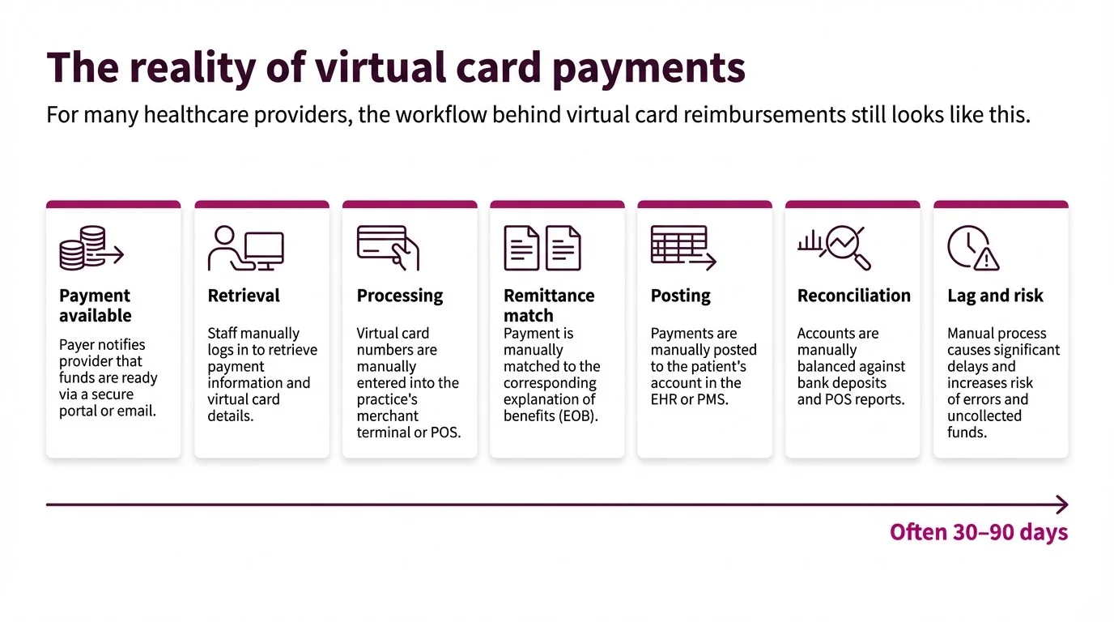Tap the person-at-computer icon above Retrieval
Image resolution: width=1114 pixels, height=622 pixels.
245,248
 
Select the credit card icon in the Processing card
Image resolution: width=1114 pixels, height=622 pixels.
387,247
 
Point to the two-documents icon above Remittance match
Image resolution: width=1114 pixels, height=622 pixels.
542,248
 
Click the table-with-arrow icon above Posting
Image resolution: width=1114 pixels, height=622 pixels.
683,248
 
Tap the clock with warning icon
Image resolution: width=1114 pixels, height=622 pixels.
972,248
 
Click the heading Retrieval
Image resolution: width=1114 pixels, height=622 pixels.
244,296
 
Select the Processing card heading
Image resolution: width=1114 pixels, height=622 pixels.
400,296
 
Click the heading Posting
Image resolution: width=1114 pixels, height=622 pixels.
680,296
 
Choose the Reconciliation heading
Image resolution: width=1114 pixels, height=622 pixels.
853,296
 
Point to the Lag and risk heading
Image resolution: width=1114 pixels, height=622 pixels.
995,296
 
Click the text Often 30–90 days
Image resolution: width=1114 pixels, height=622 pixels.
978,532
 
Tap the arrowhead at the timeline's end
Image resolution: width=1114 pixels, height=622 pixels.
1062,505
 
